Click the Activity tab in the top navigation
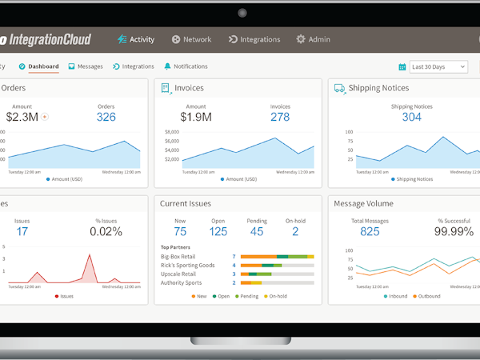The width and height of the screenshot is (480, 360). (135, 39)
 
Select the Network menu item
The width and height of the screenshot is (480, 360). (191, 39)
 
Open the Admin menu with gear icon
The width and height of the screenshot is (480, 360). (313, 39)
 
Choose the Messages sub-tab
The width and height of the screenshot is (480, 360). (86, 66)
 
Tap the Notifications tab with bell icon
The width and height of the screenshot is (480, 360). (186, 66)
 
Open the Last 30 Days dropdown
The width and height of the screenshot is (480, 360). (438, 67)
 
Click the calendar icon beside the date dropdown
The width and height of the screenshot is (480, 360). (402, 67)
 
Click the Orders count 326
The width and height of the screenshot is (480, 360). (106, 117)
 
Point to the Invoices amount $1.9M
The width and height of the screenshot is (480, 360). (196, 117)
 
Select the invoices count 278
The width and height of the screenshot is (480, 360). (280, 117)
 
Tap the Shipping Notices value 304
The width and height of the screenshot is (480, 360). (411, 117)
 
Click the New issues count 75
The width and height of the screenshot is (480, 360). (180, 232)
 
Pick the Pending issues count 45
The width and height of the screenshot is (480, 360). (256, 232)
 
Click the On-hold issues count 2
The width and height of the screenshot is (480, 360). (295, 232)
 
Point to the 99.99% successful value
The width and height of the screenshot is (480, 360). (453, 232)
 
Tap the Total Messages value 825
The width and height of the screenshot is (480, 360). (370, 232)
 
